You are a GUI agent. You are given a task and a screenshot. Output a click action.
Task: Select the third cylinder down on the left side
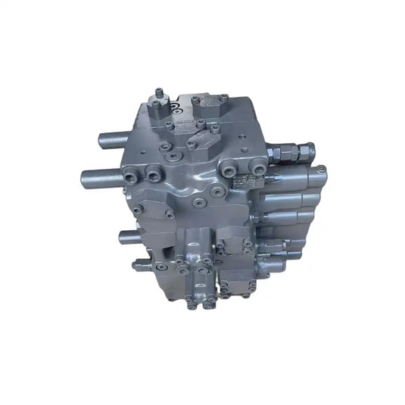pyautogui.click(x=130, y=235)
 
